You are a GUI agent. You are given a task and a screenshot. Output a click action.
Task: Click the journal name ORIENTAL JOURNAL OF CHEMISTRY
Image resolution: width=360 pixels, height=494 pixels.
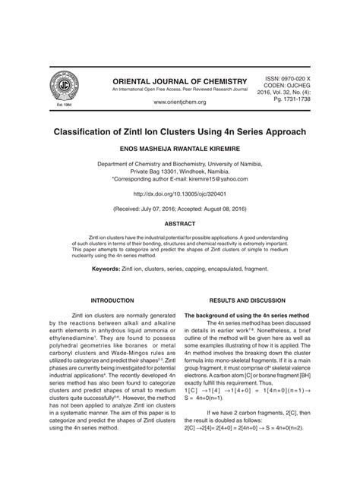coord(180,81)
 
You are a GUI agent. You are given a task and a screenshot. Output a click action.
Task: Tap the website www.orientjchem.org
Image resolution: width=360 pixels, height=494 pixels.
coord(180,102)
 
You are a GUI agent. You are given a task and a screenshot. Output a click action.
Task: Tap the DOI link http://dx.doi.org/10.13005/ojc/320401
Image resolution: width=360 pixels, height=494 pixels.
coord(180,195)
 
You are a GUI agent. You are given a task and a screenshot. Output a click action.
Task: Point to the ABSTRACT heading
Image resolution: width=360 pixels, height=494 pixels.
coord(180,225)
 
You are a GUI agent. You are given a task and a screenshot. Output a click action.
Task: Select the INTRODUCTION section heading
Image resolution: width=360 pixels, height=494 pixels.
coord(112,300)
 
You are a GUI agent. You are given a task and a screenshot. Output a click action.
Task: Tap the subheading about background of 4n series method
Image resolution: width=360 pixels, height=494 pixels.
coord(247,314)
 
